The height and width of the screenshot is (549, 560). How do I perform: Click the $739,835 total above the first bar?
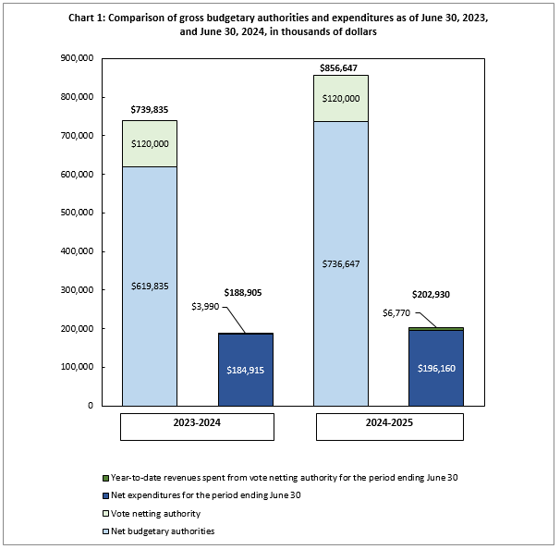click(150, 111)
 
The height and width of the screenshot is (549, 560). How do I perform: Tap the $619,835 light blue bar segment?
click(150, 287)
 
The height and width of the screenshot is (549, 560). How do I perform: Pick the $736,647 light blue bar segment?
click(341, 263)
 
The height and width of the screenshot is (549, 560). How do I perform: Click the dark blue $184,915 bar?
click(245, 370)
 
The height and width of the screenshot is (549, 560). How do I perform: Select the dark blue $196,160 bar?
click(436, 368)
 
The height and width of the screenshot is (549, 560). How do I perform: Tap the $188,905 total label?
click(245, 292)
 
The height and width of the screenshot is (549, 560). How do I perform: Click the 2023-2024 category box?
click(197, 427)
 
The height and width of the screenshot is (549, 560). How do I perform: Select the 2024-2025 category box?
click(388, 427)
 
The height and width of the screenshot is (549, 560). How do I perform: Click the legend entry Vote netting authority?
click(155, 513)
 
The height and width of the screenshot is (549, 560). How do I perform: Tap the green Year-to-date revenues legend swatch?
click(105, 478)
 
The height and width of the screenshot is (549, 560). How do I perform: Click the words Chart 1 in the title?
click(90, 17)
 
